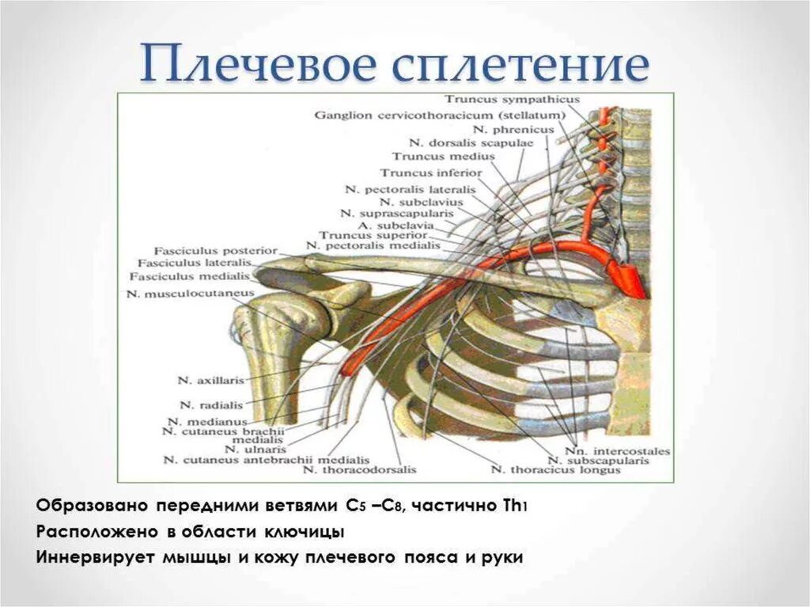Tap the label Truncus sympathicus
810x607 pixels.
(x=512, y=100)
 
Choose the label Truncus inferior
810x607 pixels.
(x=430, y=172)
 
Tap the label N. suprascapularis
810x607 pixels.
(x=396, y=213)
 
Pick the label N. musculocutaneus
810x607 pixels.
(x=190, y=293)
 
